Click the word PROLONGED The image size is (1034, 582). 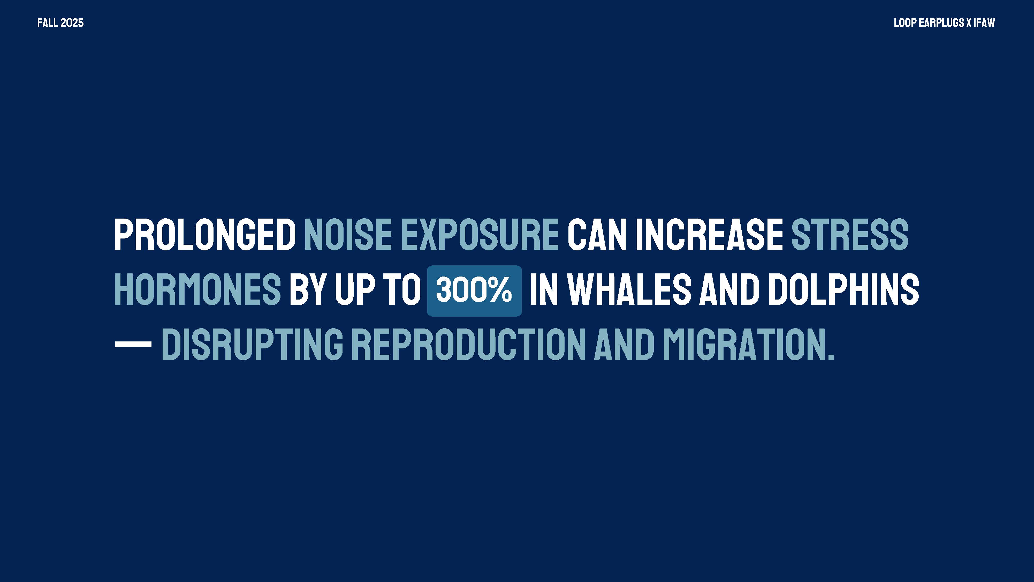click(205, 235)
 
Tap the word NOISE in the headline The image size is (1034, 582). click(348, 235)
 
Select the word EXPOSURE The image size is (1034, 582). click(480, 235)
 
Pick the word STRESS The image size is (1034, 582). click(850, 235)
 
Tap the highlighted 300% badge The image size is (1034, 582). click(474, 291)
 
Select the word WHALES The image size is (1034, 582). click(629, 290)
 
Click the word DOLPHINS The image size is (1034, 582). click(843, 290)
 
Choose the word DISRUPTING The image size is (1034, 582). click(252, 344)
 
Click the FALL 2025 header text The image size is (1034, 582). click(60, 23)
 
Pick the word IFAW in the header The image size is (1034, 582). click(984, 23)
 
